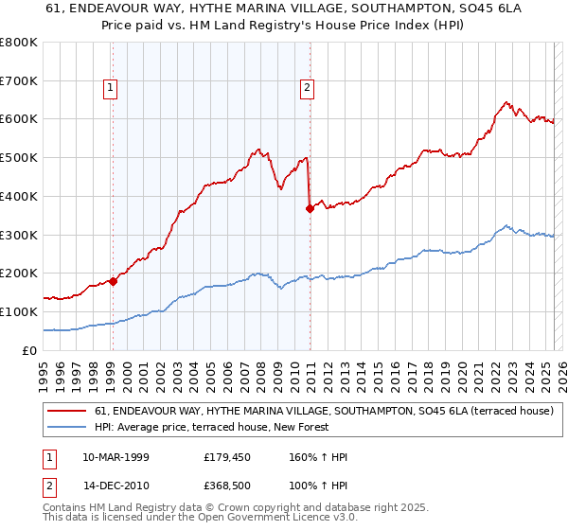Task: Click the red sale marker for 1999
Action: tap(113, 280)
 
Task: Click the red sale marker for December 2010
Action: tap(310, 208)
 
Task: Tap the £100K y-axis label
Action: tap(20, 311)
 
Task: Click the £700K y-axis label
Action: tap(20, 80)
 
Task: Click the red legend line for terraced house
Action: tap(66, 411)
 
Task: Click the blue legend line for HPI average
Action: tap(66, 427)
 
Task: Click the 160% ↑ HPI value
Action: tap(319, 458)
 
